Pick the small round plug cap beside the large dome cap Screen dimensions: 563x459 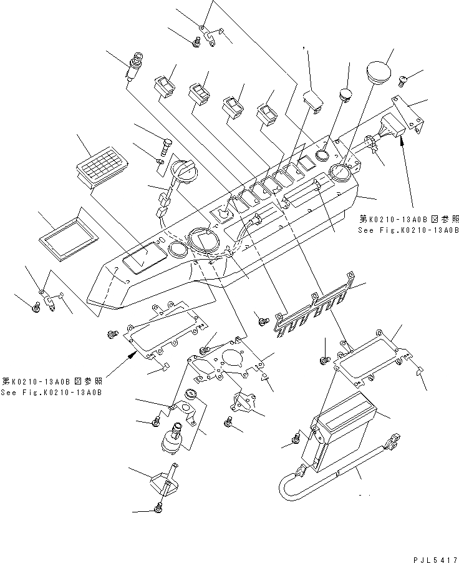pos(345,95)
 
